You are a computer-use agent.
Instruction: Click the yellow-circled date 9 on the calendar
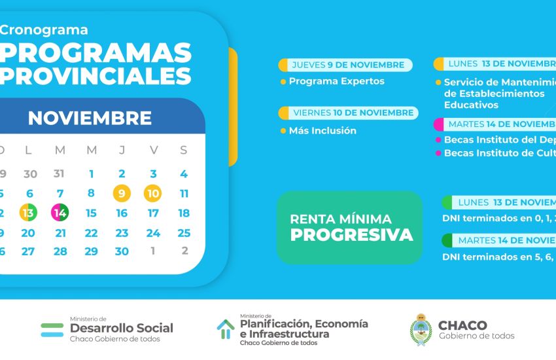click(x=122, y=194)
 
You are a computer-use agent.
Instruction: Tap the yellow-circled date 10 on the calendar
click(x=153, y=194)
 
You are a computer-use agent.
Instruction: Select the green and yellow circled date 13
click(x=28, y=213)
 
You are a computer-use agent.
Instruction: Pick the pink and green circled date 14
click(x=60, y=213)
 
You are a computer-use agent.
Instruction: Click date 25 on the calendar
click(x=184, y=233)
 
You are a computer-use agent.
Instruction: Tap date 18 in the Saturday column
click(x=184, y=213)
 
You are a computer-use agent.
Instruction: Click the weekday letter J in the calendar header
click(x=122, y=151)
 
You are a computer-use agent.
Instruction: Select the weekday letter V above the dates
click(x=154, y=151)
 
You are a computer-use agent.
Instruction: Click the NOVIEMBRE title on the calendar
click(x=90, y=118)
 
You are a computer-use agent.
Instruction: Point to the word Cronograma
click(x=44, y=30)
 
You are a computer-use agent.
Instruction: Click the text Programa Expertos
click(x=336, y=82)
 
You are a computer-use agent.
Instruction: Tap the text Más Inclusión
click(x=322, y=131)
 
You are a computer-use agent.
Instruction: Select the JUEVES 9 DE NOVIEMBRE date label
click(x=348, y=65)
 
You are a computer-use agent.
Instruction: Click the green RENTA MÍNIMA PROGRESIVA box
click(x=350, y=228)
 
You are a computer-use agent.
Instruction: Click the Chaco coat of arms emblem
click(x=421, y=329)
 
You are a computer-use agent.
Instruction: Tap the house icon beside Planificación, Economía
click(x=226, y=329)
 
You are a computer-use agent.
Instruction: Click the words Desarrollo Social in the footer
click(x=121, y=328)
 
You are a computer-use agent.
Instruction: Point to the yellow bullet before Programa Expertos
click(x=283, y=82)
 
